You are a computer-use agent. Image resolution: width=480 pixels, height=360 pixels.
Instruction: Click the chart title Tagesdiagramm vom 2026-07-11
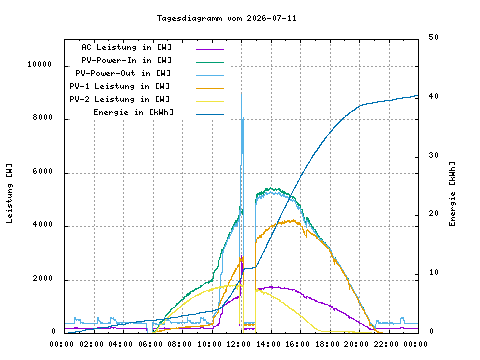(x=227, y=18)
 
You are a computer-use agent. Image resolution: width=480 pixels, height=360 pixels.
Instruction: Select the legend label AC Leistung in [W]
(x=127, y=47)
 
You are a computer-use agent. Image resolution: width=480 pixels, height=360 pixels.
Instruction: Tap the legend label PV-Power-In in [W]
(x=127, y=60)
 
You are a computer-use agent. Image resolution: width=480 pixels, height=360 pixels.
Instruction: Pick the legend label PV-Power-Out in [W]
(x=123, y=73)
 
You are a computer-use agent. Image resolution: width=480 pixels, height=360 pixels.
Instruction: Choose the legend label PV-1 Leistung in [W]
(x=120, y=86)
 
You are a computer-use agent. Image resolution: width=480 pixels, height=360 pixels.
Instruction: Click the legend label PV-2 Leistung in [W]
(x=120, y=99)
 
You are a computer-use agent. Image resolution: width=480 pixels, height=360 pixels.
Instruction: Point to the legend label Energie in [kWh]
(x=133, y=112)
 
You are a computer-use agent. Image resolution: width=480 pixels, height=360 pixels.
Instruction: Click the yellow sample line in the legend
(x=210, y=101)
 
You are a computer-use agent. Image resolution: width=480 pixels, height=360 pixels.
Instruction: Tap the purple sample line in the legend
(x=210, y=49)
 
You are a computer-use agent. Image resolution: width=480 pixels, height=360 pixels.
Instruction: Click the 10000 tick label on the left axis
(x=40, y=64)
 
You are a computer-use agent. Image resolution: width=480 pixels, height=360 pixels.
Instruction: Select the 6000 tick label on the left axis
(x=43, y=171)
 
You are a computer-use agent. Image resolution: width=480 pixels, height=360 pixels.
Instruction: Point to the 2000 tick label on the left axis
(x=43, y=278)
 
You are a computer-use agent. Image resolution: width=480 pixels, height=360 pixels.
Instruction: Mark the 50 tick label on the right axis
(x=433, y=37)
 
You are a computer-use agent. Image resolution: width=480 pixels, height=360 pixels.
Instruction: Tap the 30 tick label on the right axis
(x=433, y=155)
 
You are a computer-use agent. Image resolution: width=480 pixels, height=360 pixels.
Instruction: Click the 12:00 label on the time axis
(x=239, y=344)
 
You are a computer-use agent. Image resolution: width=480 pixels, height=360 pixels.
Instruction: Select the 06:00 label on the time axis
(x=150, y=344)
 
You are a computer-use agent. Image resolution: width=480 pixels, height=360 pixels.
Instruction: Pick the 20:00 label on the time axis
(x=356, y=344)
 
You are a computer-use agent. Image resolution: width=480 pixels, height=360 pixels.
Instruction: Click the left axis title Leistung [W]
(x=9, y=193)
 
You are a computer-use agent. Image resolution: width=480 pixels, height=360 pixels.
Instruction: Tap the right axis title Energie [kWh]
(x=452, y=194)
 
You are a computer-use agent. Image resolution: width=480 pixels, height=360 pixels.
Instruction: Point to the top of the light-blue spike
(x=241, y=93)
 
